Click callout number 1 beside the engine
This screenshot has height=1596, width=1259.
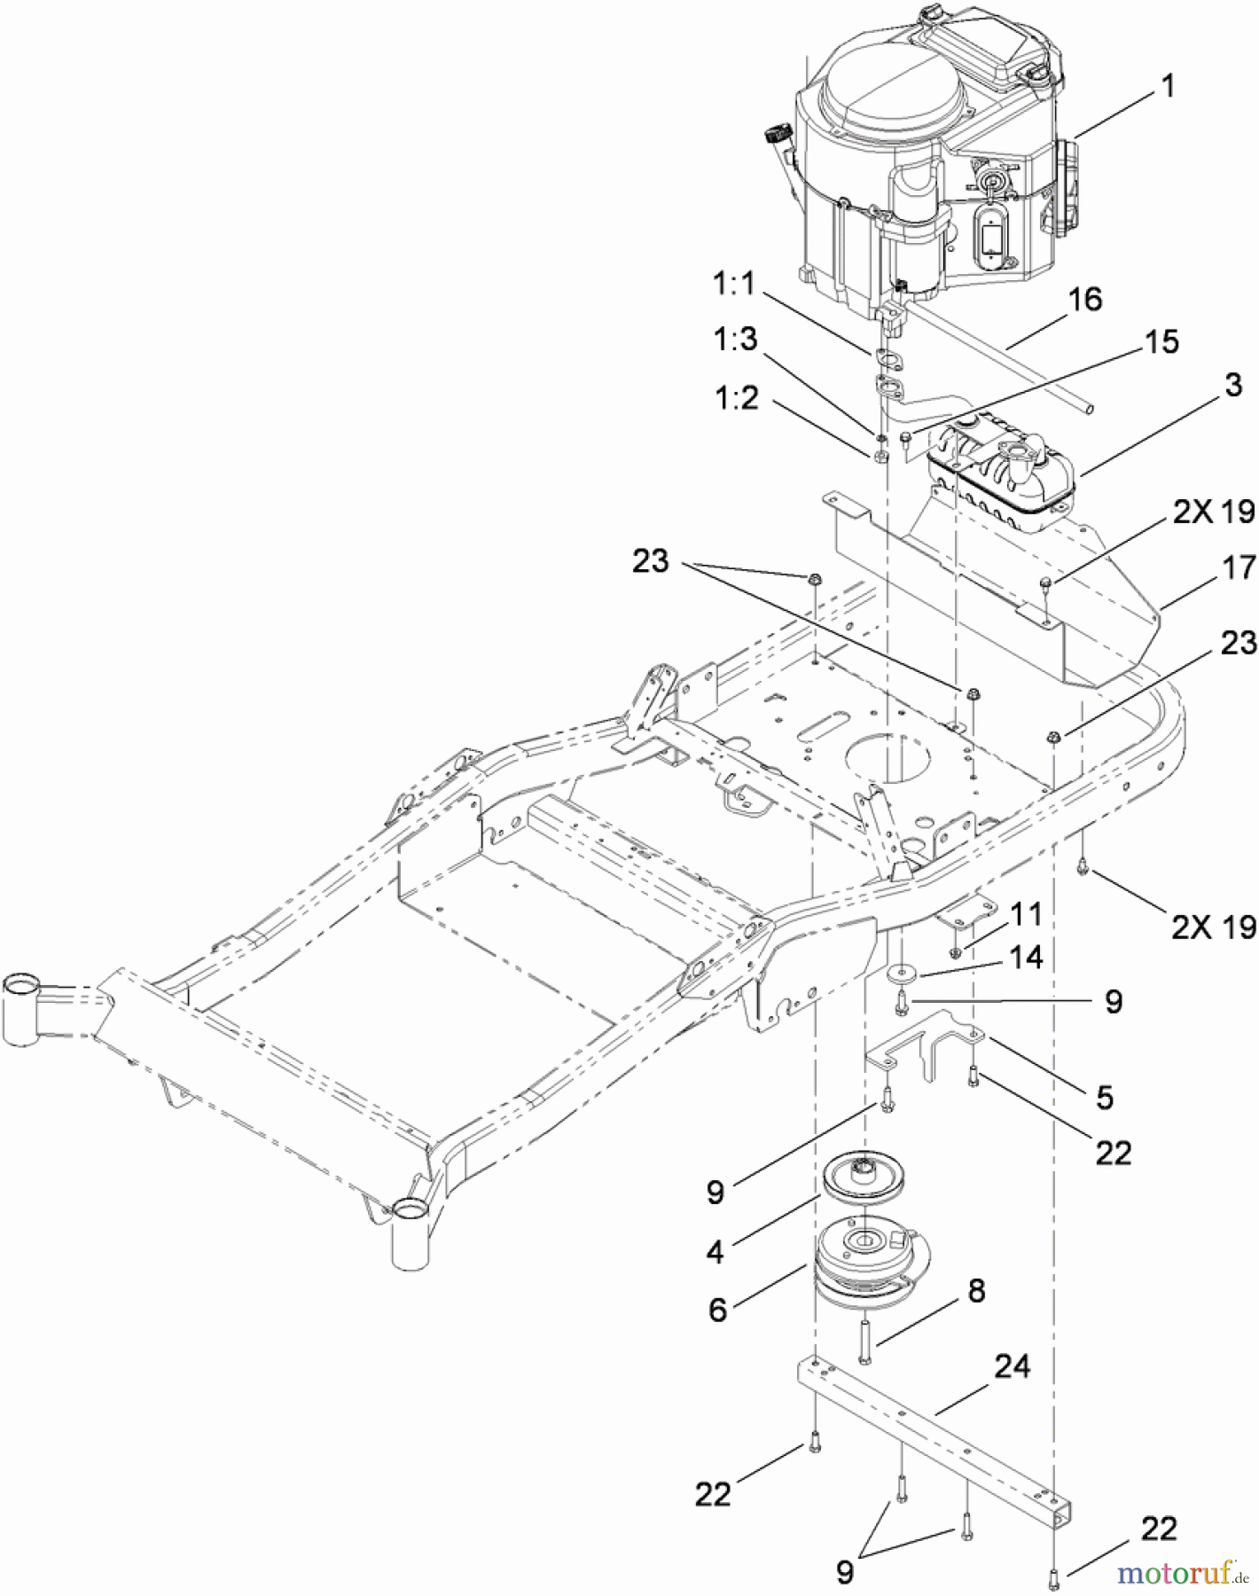pyautogui.click(x=1168, y=86)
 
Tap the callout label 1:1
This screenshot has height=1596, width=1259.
pyautogui.click(x=734, y=284)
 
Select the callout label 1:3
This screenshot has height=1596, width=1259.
pyautogui.click(x=736, y=339)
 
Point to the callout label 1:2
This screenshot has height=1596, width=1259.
pyautogui.click(x=737, y=398)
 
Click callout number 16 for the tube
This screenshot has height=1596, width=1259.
pyautogui.click(x=1084, y=300)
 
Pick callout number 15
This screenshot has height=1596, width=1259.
pyautogui.click(x=1161, y=342)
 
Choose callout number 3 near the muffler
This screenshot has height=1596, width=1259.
pyautogui.click(x=1233, y=385)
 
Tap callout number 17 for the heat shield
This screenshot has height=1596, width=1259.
pyautogui.click(x=1239, y=567)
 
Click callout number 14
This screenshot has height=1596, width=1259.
pyautogui.click(x=1026, y=958)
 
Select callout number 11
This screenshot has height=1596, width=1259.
pyautogui.click(x=1026, y=914)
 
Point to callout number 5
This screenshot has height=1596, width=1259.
pyautogui.click(x=1104, y=1097)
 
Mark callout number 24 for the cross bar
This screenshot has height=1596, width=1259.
pyautogui.click(x=1012, y=1366)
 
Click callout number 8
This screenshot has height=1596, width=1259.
pyautogui.click(x=976, y=1291)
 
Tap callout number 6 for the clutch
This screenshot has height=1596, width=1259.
pyautogui.click(x=717, y=1310)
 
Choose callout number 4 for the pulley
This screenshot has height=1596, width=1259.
pyautogui.click(x=715, y=1251)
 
